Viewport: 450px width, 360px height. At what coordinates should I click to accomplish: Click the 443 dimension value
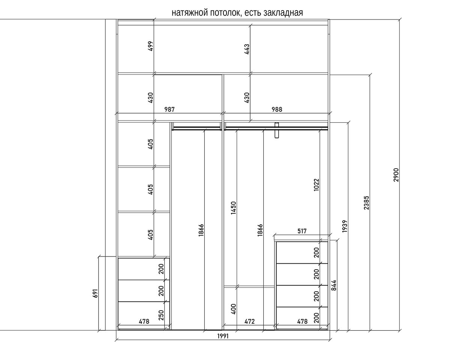[x=246, y=49]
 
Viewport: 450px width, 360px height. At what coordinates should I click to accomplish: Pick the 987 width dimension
[x=170, y=109]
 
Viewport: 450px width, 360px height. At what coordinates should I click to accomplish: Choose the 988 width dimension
[x=277, y=109]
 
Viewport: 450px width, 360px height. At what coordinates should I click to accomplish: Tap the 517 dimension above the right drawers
[x=301, y=231]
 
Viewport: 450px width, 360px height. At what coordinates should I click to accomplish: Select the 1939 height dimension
[x=345, y=226]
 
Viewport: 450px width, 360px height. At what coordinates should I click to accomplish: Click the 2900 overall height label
[x=396, y=175]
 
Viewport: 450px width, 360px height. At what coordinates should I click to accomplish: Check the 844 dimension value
[x=334, y=286]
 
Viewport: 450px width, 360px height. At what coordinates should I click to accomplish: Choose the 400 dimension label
[x=234, y=309]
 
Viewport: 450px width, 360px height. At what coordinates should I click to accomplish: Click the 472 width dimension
[x=249, y=321]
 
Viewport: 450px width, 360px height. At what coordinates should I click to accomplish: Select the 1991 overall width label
[x=223, y=336]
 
